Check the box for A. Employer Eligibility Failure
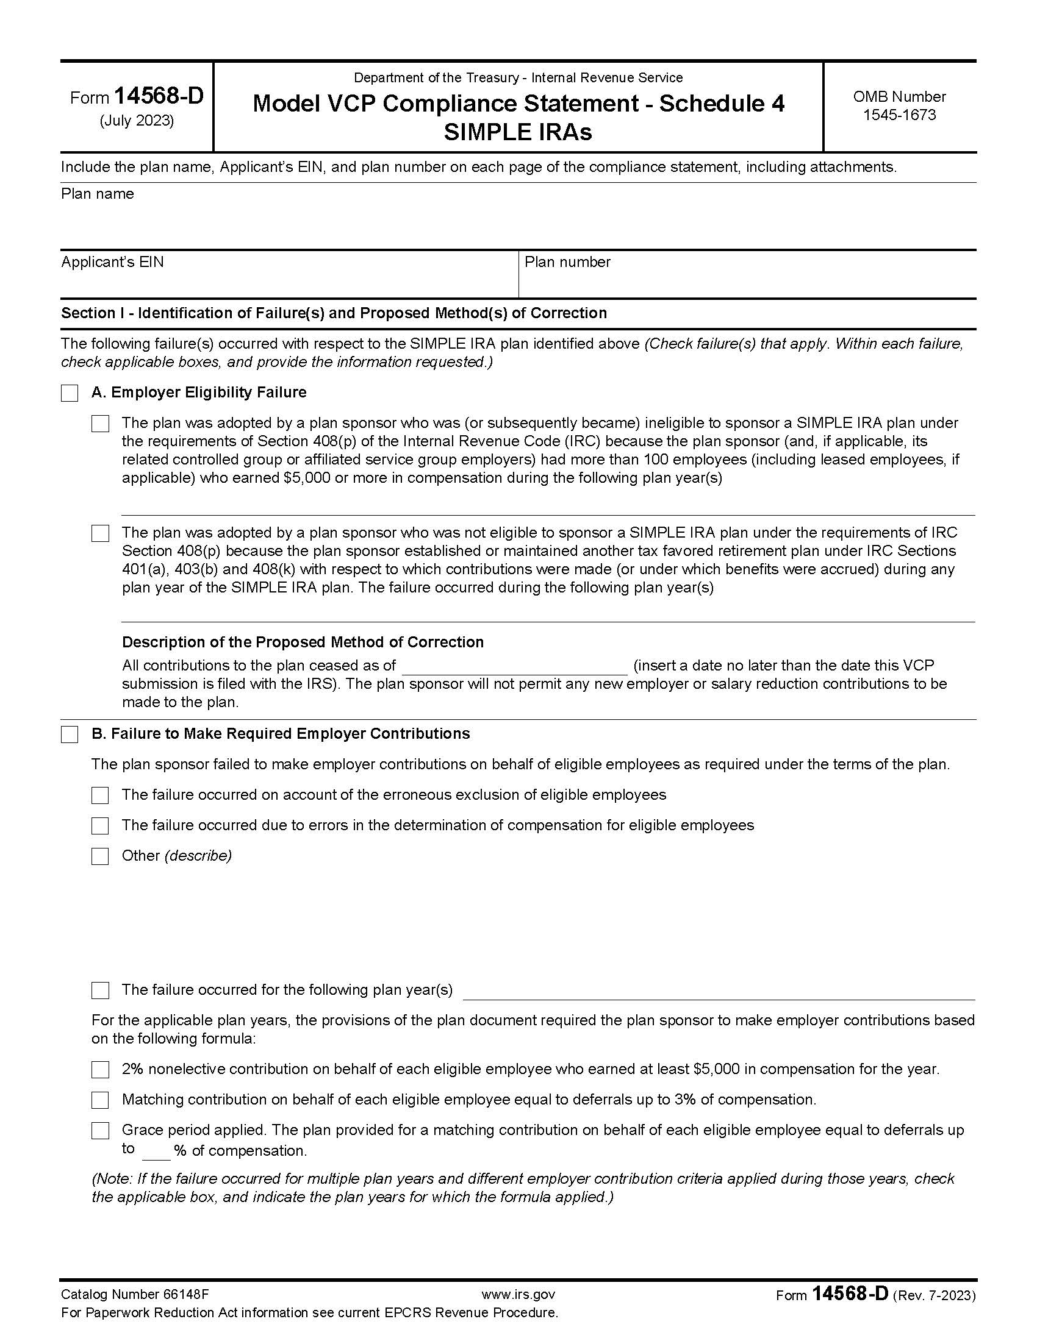click(x=70, y=393)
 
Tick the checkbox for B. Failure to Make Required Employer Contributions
click(x=70, y=735)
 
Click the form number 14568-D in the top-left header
click(x=159, y=96)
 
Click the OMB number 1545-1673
click(x=899, y=115)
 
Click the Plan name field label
click(x=97, y=194)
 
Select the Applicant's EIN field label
click(x=112, y=262)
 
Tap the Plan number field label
click(x=567, y=262)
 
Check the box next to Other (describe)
click(x=100, y=856)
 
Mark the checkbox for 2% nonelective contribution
click(x=100, y=1070)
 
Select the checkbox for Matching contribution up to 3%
click(x=100, y=1100)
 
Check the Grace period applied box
click(x=100, y=1130)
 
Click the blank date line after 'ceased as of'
click(x=514, y=667)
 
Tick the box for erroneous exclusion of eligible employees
click(x=100, y=795)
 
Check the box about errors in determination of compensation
click(x=100, y=826)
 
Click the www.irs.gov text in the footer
click(x=518, y=1294)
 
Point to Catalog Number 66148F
click(x=135, y=1294)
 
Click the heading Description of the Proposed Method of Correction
click(x=303, y=642)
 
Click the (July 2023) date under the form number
click(x=137, y=120)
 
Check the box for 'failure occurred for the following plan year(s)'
click(x=100, y=991)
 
